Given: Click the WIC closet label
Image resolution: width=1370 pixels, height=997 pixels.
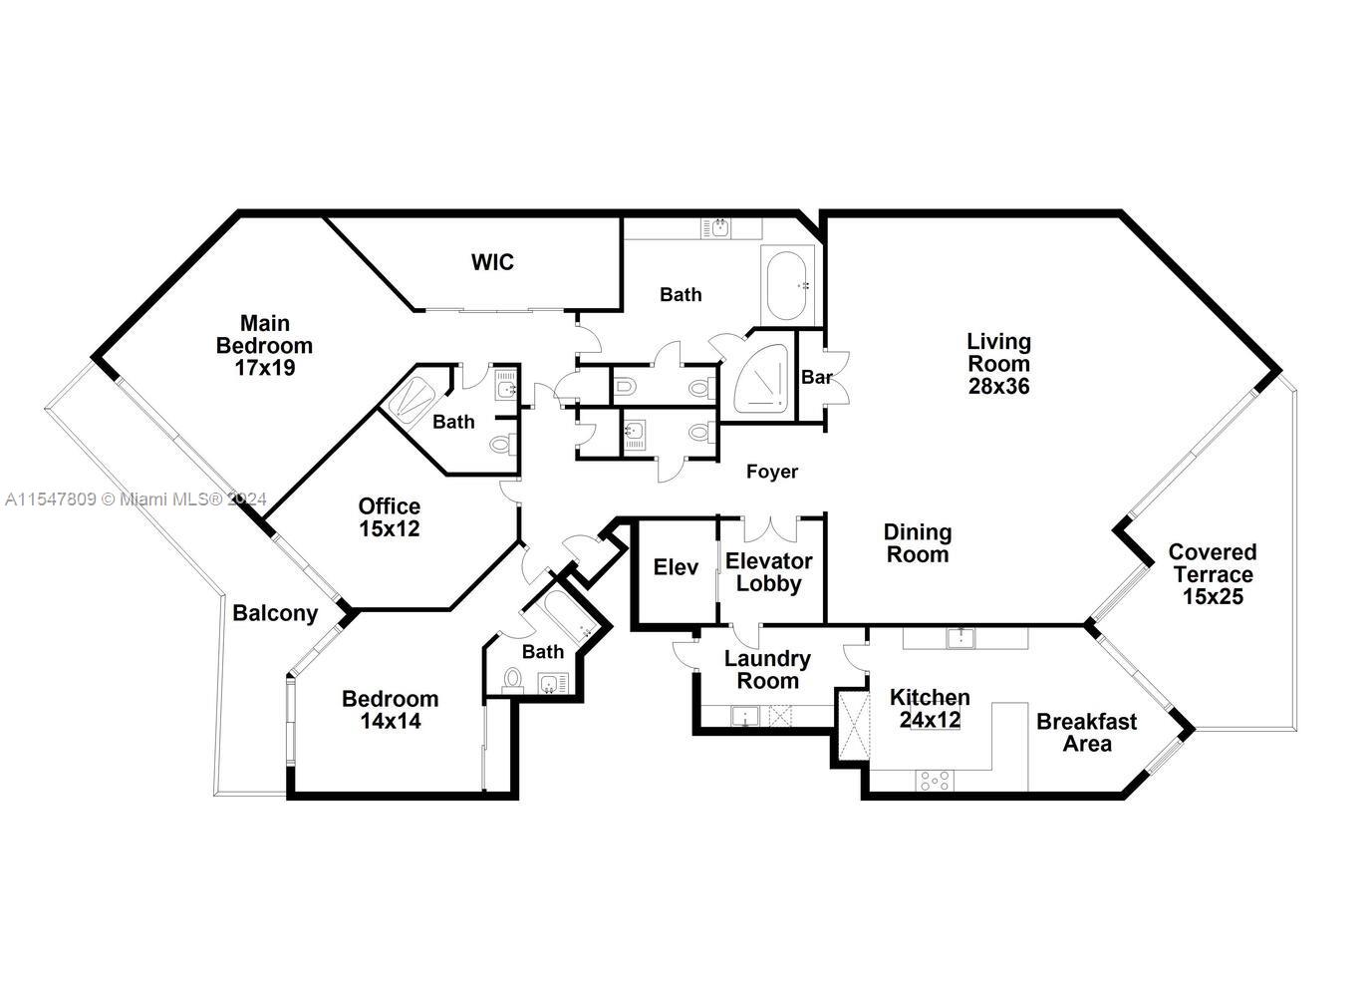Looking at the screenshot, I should (492, 262).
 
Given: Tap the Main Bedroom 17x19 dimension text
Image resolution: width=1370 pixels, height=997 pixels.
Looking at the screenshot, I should (265, 345).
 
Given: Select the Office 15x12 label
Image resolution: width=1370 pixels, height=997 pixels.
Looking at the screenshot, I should (390, 517).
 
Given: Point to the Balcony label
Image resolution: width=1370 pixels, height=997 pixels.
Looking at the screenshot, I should (275, 613).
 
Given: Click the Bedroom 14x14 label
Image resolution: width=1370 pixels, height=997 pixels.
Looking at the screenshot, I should (390, 709).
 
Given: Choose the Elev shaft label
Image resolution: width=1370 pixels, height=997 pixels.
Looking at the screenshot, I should (676, 567).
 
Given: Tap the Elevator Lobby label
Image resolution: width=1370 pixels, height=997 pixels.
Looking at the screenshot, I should (768, 572).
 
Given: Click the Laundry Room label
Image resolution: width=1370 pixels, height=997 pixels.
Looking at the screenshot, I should (767, 670).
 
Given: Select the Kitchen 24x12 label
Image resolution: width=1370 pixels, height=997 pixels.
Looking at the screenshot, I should (930, 708).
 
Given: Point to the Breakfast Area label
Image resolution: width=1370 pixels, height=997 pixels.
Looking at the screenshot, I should (1086, 732).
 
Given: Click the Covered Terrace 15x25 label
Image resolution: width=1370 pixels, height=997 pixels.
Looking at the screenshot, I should (1213, 574).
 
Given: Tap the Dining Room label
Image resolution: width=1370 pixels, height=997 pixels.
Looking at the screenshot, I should (918, 543).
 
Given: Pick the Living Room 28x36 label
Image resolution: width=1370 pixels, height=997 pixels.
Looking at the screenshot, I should (998, 364).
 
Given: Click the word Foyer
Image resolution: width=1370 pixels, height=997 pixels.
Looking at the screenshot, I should (772, 472).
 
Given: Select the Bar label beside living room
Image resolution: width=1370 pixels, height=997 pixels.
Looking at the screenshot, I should (816, 378).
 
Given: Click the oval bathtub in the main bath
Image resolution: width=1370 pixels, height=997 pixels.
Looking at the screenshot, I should (790, 284).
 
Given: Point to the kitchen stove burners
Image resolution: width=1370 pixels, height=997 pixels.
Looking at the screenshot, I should (934, 781).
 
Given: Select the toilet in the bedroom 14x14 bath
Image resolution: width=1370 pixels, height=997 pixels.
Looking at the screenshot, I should (512, 679).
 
